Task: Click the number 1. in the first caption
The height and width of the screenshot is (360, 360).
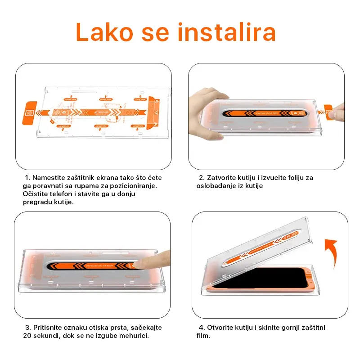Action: [27, 178]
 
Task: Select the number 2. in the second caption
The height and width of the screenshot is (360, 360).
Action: [202, 178]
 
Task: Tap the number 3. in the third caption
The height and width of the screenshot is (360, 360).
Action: [28, 328]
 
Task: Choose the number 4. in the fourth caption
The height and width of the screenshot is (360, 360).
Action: [202, 328]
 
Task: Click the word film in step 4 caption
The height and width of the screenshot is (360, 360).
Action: [203, 336]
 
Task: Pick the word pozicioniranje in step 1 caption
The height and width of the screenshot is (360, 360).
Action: [135, 186]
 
